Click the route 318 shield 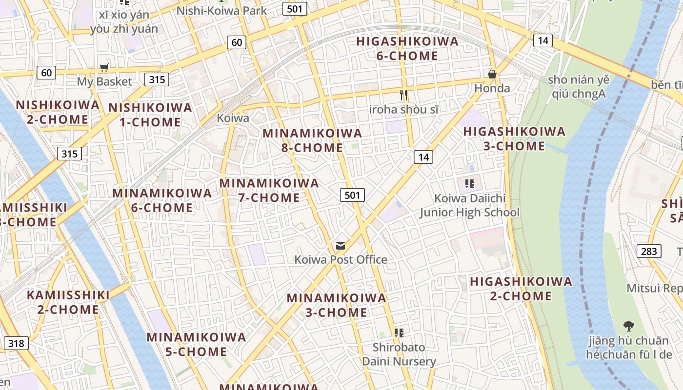point(16,343)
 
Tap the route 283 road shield point(649,251)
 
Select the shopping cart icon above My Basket point(104,68)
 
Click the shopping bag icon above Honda point(492,74)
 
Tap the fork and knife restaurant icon point(403,95)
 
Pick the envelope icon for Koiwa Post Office point(341,246)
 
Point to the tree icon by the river point(629,326)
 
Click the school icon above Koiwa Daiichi point(469,184)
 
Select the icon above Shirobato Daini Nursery point(399,333)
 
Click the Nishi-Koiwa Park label point(221,10)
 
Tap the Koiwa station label point(233,118)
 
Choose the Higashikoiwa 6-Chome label point(407,48)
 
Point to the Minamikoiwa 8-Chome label point(312,140)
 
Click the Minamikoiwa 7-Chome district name point(269,190)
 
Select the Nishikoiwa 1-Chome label point(150,115)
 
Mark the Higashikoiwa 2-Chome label point(521,289)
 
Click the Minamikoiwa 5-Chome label point(196,344)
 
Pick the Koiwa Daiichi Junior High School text point(470,205)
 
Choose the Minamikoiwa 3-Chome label point(336,305)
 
